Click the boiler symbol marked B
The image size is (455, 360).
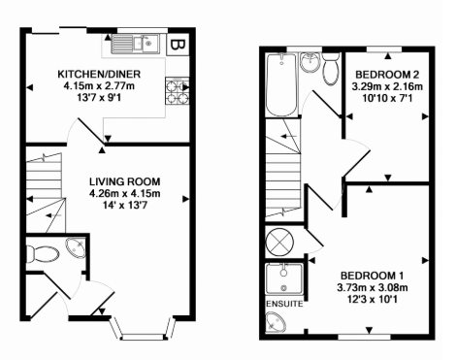(x=178, y=45)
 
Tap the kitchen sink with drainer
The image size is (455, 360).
(x=135, y=44)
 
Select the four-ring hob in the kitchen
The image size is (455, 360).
(x=178, y=91)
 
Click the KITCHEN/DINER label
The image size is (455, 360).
(x=99, y=74)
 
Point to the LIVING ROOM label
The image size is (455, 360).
(x=124, y=181)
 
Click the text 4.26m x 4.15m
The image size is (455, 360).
(x=125, y=193)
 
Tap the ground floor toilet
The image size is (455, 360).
(x=42, y=254)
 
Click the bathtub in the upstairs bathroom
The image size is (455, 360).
(x=281, y=84)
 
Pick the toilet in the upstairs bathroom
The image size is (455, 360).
(x=331, y=69)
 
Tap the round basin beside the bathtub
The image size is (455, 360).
(x=309, y=62)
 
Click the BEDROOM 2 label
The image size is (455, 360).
(x=387, y=75)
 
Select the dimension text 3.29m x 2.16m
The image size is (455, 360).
(x=387, y=86)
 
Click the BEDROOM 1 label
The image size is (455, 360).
(x=373, y=276)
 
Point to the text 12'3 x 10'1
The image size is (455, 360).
(x=373, y=300)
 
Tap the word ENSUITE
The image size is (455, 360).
(x=284, y=304)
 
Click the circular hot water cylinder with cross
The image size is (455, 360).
(x=279, y=242)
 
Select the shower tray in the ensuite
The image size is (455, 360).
(x=284, y=278)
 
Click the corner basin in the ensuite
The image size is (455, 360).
(x=275, y=322)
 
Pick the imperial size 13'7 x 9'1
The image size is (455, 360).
(x=99, y=98)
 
